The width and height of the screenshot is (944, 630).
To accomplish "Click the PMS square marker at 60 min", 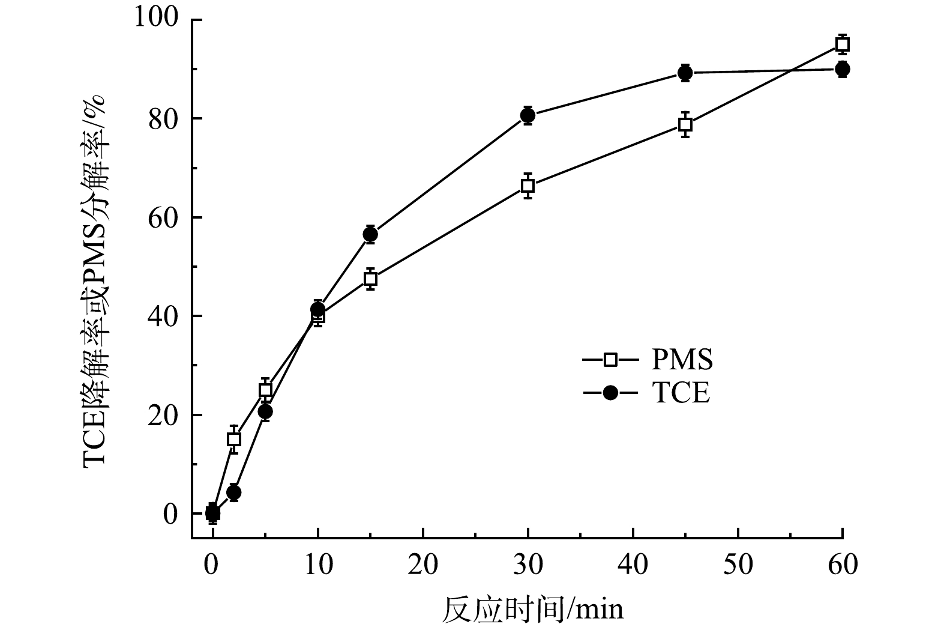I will tap(843, 44).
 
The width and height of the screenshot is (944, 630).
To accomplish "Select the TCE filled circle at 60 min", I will tap(843, 69).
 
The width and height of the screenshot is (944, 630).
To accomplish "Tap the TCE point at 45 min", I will tap(685, 73).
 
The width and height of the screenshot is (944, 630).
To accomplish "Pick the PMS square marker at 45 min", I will tap(685, 124).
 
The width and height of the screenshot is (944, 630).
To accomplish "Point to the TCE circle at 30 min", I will tap(528, 115).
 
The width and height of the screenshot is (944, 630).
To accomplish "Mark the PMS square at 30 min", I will tap(528, 186).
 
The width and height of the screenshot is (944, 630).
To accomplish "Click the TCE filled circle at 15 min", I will tap(370, 234).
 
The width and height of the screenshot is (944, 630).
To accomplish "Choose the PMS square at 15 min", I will tap(370, 279).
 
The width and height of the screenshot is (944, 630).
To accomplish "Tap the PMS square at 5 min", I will tap(265, 390).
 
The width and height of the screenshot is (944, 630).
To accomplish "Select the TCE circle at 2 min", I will tap(234, 492).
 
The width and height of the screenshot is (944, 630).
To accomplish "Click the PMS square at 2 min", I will tap(234, 439).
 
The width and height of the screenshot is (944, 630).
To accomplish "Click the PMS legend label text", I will tap(682, 360).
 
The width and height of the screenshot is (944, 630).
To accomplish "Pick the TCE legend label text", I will tap(681, 393).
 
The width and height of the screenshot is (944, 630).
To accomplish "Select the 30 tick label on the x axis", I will tap(528, 565).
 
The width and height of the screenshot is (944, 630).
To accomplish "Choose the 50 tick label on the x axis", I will tap(738, 565).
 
